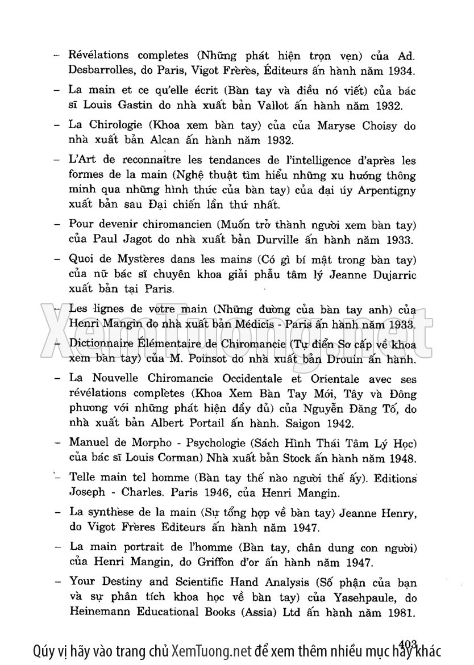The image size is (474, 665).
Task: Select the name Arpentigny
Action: (x=386, y=190)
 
